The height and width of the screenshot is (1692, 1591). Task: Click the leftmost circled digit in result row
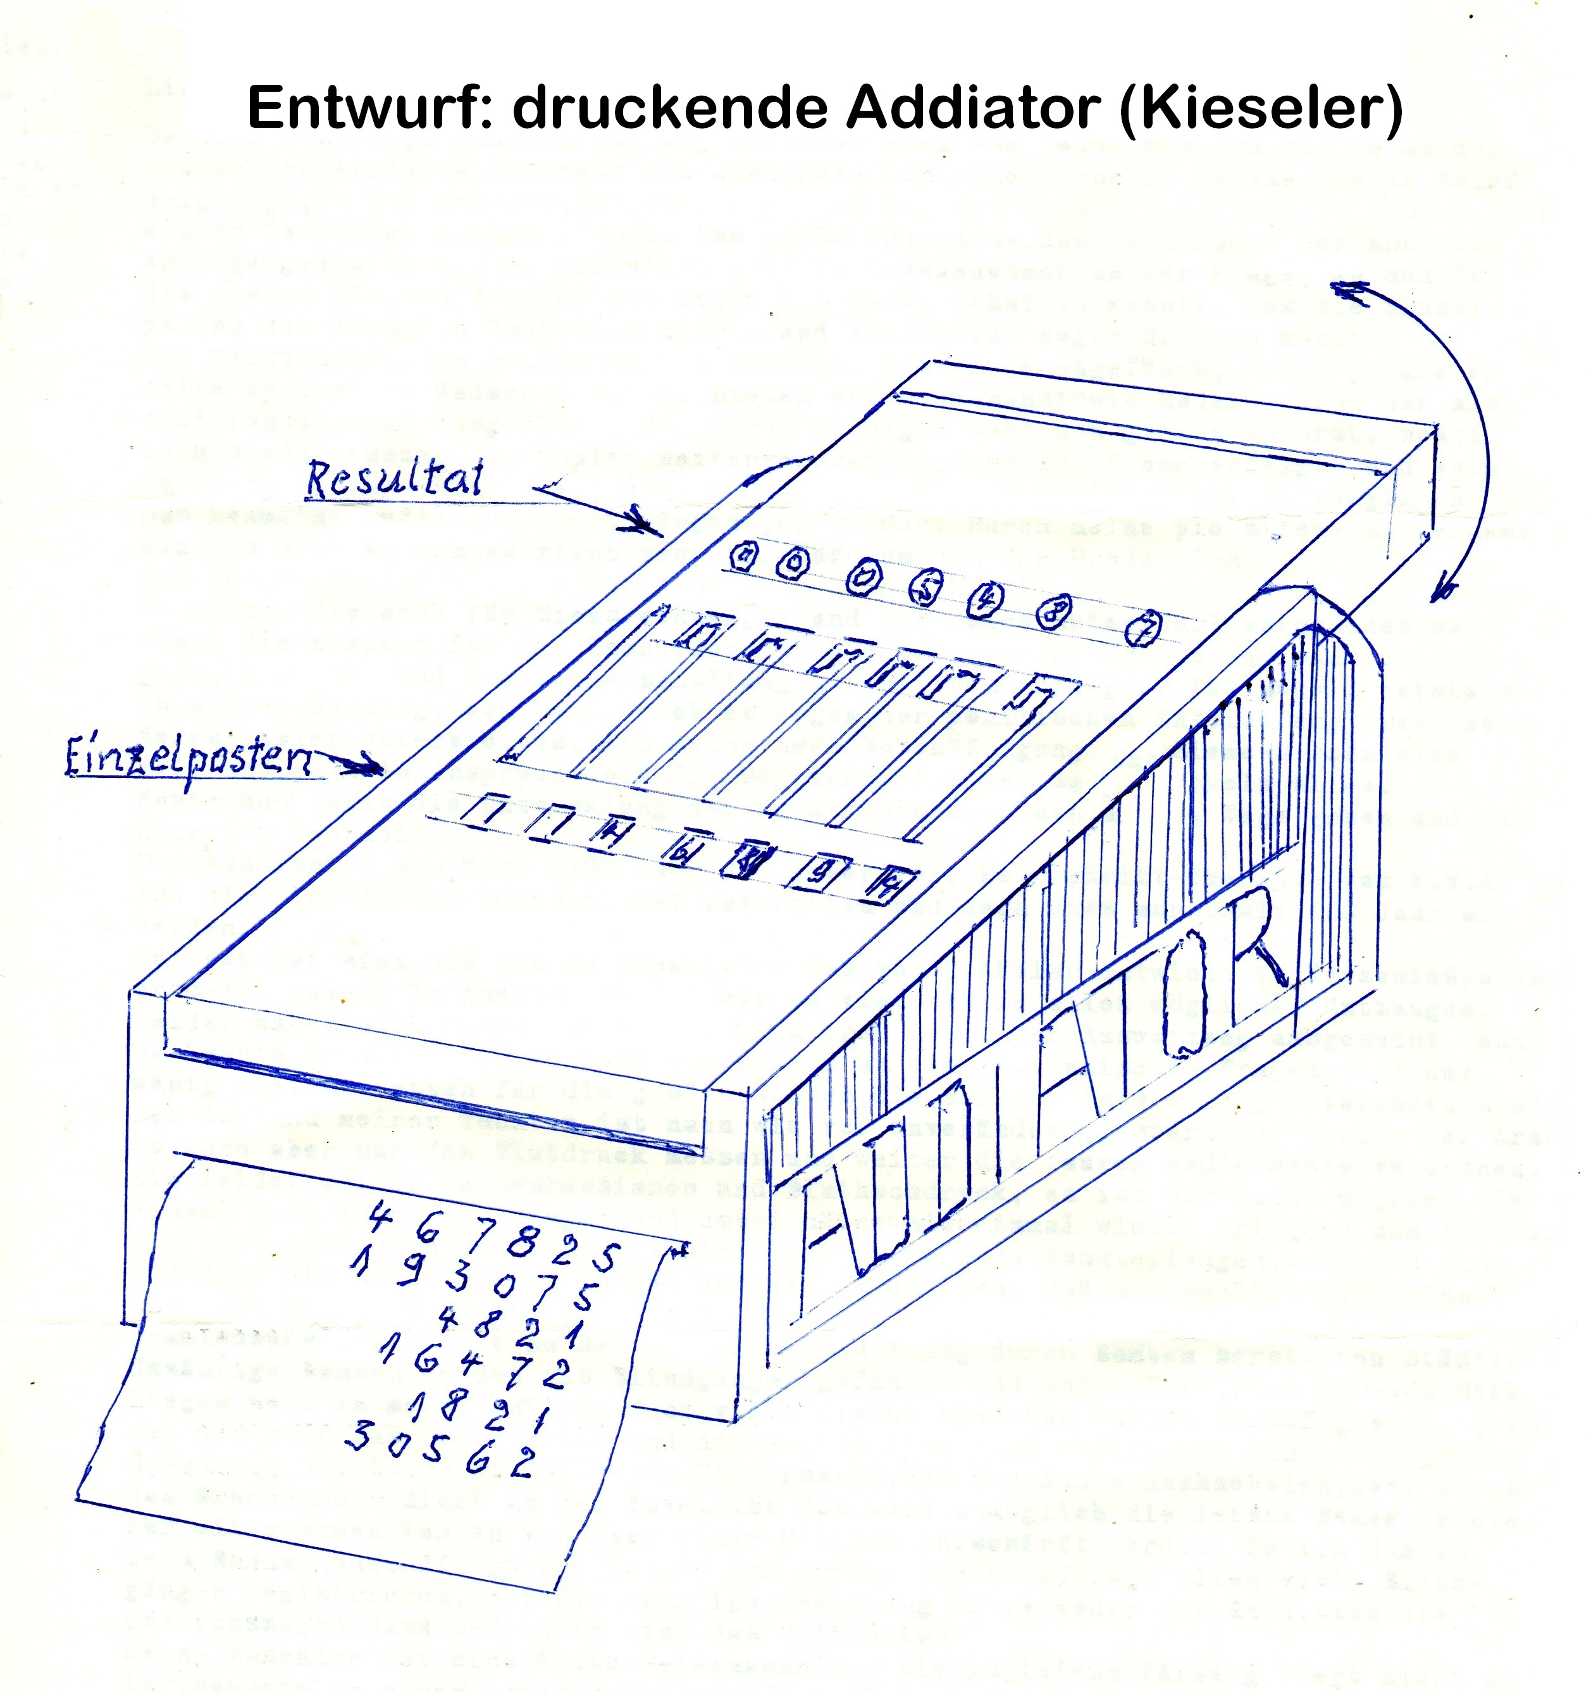745,555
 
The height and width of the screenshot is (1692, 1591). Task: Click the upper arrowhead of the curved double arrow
1353,292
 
